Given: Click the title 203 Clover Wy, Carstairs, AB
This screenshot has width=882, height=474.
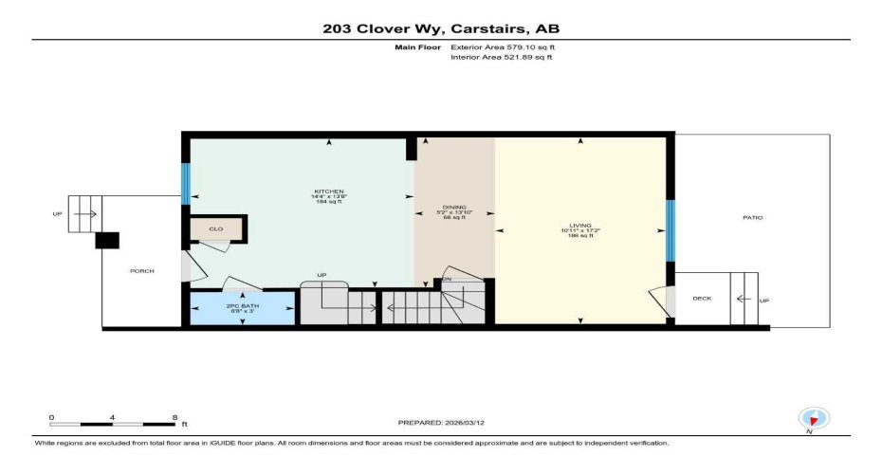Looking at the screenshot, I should click(x=441, y=27).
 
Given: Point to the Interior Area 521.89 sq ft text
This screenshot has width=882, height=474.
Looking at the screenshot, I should click(x=501, y=57).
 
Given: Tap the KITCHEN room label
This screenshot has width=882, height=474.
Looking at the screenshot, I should click(x=329, y=191).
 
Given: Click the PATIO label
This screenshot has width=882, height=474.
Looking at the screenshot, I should click(x=753, y=218).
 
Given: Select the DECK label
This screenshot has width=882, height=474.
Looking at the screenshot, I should click(x=702, y=299).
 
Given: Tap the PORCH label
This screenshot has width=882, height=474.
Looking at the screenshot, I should click(x=141, y=271).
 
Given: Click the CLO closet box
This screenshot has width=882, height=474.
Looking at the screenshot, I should click(x=216, y=228).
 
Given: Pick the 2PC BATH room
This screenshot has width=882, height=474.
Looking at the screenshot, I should click(x=242, y=309).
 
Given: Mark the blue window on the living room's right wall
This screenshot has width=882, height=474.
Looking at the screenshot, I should click(x=670, y=230).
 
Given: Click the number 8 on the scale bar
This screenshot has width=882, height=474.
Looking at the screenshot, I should click(x=175, y=417).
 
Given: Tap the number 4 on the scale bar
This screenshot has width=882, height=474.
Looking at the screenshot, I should click(x=112, y=417).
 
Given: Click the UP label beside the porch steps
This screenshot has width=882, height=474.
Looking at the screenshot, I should click(x=58, y=215).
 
